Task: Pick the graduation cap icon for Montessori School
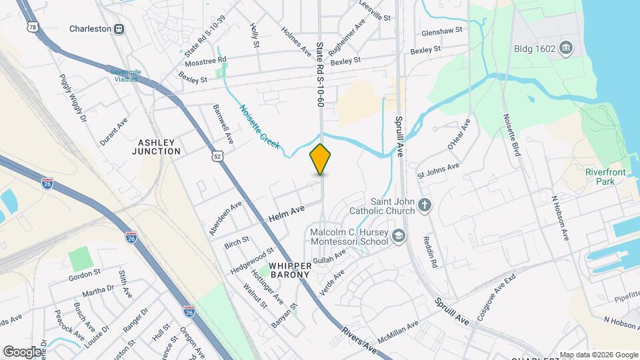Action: pyautogui.click(x=398, y=235)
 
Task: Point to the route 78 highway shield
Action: pyautogui.click(x=33, y=27)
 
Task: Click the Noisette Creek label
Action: pyautogui.click(x=260, y=127)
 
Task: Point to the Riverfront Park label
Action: pyautogui.click(x=603, y=177)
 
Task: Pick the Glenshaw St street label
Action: pyautogui.click(x=442, y=31)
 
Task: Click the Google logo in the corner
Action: pyautogui.click(x=23, y=351)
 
